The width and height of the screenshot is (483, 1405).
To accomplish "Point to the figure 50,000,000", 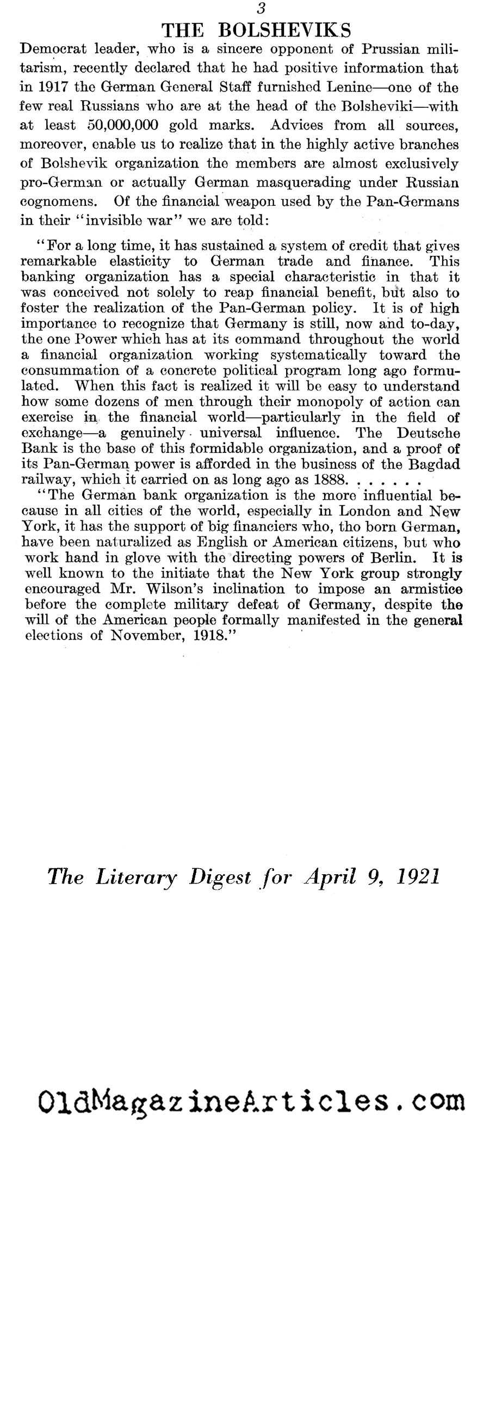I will click(123, 125).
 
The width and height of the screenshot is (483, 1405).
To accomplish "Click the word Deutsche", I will click(425, 434).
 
